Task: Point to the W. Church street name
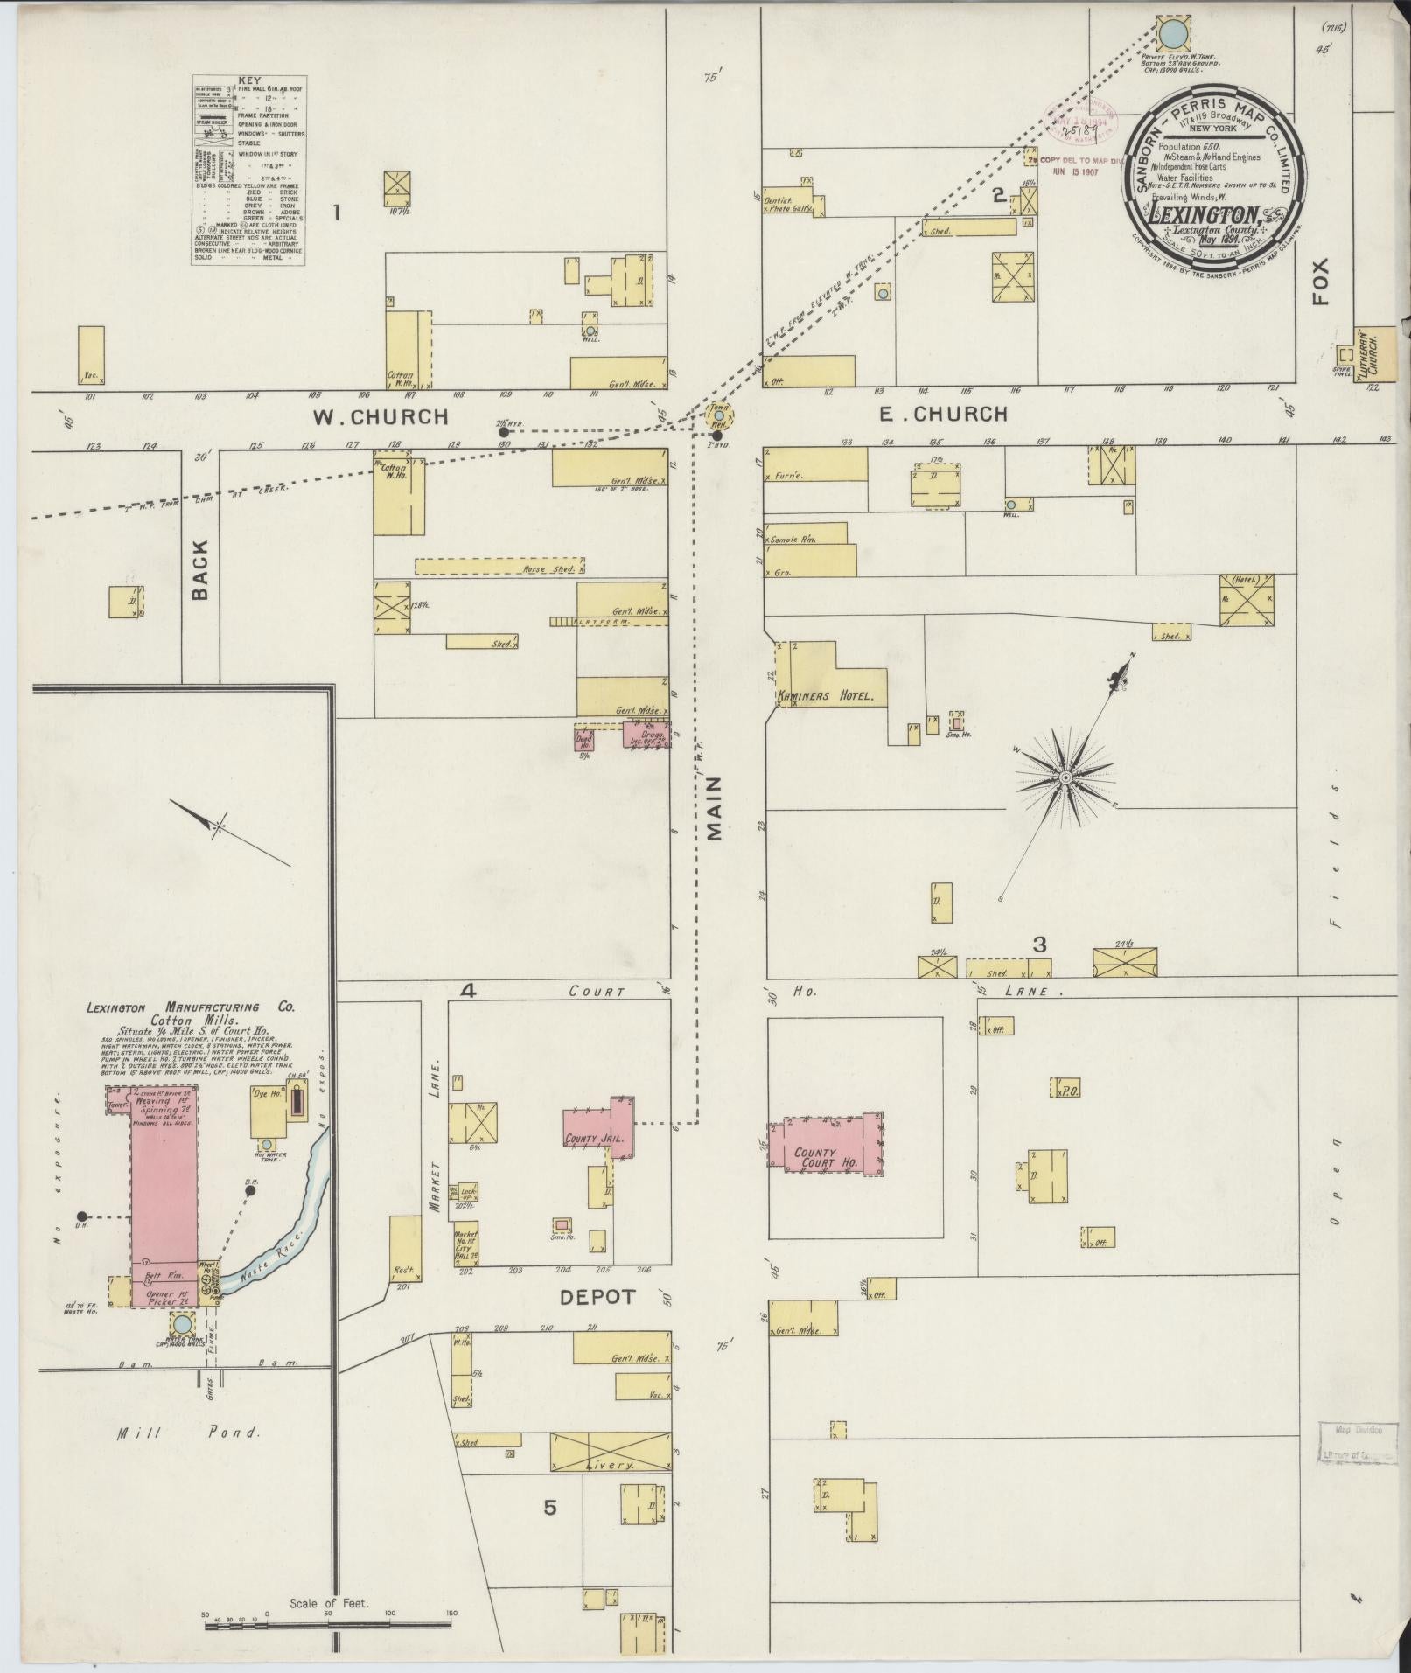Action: (381, 417)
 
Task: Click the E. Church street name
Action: (942, 414)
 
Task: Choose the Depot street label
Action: (597, 1298)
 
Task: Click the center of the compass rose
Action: (1066, 777)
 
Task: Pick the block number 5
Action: (549, 1507)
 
